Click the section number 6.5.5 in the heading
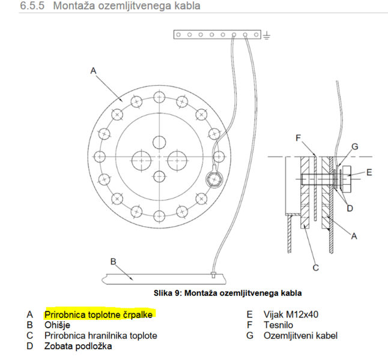tap(32, 5)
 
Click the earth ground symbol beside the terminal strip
tap(266, 36)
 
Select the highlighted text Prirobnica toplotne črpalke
tap(99, 314)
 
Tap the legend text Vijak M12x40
tap(291, 314)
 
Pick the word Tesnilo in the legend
tap(278, 325)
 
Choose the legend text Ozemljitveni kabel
tap(301, 335)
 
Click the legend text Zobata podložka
tap(78, 346)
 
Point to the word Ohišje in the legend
tap(58, 325)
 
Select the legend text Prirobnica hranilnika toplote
tap(101, 335)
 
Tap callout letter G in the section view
tap(355, 146)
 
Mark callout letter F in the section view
tap(299, 138)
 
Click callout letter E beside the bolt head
tap(369, 172)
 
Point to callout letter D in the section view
tap(350, 208)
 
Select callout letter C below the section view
tap(316, 268)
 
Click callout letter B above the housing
tap(113, 262)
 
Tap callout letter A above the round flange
tap(93, 71)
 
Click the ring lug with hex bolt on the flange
tap(214, 179)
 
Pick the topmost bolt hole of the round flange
tap(159, 97)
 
